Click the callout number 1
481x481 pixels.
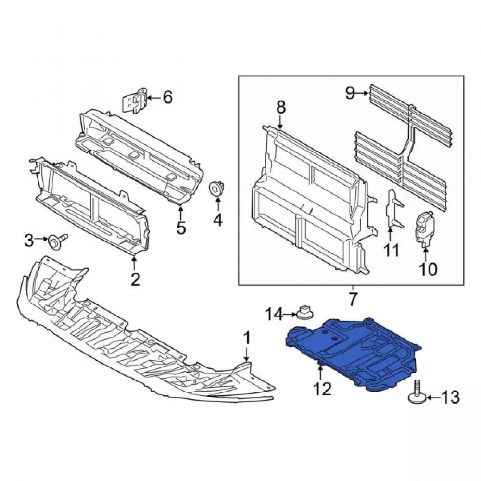pyautogui.click(x=247, y=339)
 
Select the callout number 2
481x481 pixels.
pyautogui.click(x=135, y=279)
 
